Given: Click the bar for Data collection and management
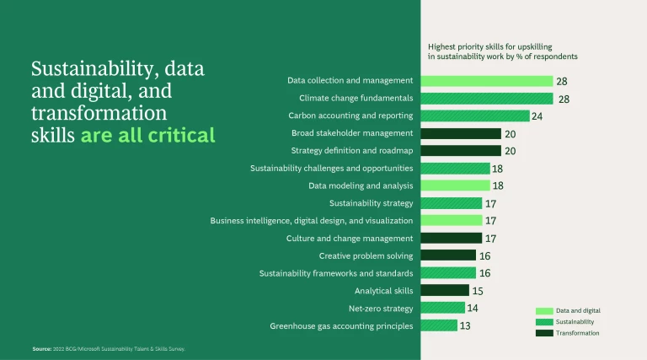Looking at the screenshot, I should (x=486, y=81).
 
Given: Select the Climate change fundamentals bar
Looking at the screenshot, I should (x=486, y=99).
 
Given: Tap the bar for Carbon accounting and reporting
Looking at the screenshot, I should (x=474, y=116).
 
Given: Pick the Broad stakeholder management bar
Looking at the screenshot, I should (x=460, y=133).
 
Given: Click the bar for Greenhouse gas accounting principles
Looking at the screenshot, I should (x=438, y=325).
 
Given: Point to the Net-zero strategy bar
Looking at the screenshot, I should (x=441, y=308).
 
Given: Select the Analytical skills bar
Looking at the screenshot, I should (x=445, y=291).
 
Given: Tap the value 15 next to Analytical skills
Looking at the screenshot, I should (x=478, y=291).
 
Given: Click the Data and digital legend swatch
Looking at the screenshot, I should (x=543, y=310).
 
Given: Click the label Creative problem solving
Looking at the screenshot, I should (x=366, y=255).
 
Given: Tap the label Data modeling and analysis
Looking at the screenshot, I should (x=361, y=185).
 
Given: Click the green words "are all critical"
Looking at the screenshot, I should (x=147, y=135).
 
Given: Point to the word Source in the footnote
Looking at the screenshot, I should (x=42, y=348).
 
